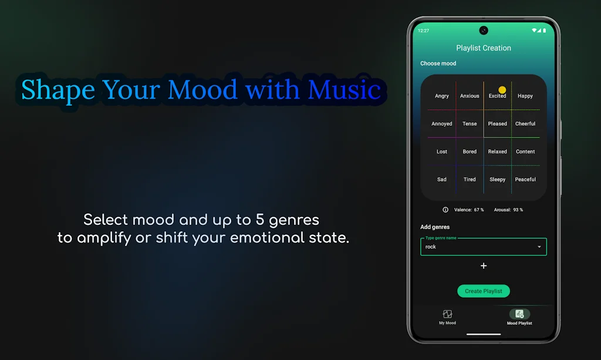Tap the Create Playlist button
(484, 291)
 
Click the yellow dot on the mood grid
(502, 90)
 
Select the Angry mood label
(442, 96)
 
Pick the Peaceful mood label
(525, 179)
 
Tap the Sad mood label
(442, 179)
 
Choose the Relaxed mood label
(497, 152)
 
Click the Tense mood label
(470, 124)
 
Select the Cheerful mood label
(525, 124)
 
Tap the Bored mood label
(470, 152)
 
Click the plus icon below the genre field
(484, 266)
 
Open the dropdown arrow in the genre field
(539, 247)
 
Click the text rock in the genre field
(431, 247)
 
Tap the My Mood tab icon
(447, 314)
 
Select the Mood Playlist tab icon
(519, 314)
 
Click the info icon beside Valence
(445, 210)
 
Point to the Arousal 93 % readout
(508, 210)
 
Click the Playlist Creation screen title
(484, 48)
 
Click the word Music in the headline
(345, 90)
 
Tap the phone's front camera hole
(484, 31)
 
